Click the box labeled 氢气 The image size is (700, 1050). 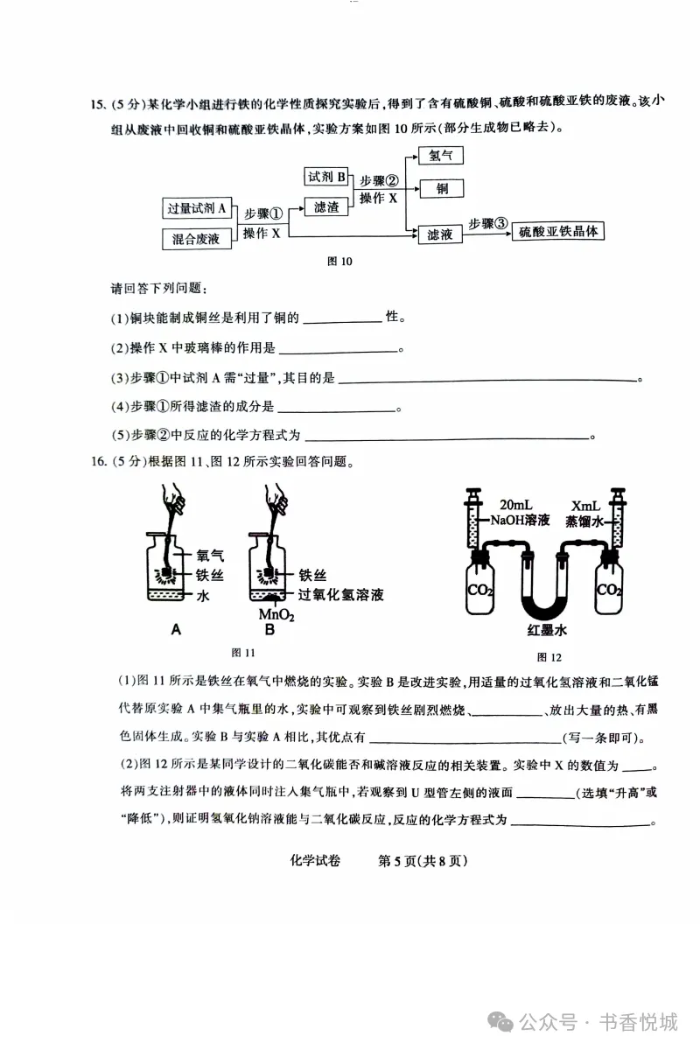[440, 157]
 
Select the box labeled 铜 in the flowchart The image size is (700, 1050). [440, 189]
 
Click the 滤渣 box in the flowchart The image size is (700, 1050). [325, 207]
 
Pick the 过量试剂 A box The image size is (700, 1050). [197, 208]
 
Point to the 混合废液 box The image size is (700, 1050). [196, 238]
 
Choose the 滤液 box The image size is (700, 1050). [440, 234]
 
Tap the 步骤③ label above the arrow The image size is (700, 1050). [487, 223]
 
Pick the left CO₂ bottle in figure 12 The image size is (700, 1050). [479, 591]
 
